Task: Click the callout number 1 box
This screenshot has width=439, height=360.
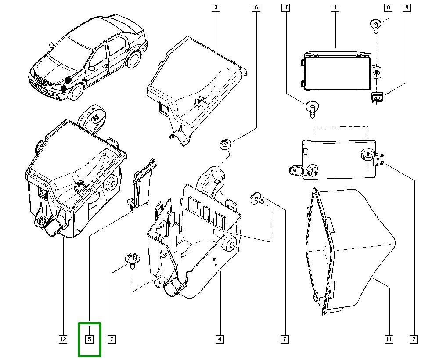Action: (x=335, y=7)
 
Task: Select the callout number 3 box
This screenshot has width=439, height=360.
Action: (x=216, y=7)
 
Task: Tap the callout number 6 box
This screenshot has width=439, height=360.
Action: (x=256, y=7)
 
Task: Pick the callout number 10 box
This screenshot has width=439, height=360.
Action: (x=286, y=7)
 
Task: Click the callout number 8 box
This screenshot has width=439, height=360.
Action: (x=388, y=7)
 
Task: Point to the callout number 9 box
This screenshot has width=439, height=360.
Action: (x=407, y=7)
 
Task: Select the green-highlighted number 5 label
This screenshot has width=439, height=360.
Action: (x=89, y=339)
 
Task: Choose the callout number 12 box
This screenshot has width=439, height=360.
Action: (x=63, y=339)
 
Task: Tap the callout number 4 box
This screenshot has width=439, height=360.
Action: (x=219, y=339)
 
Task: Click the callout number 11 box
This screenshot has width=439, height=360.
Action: (x=389, y=339)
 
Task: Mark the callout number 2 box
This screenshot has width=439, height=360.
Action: (x=413, y=339)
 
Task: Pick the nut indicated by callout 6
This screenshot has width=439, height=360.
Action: (x=225, y=144)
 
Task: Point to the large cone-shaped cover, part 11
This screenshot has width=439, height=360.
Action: (x=347, y=250)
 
